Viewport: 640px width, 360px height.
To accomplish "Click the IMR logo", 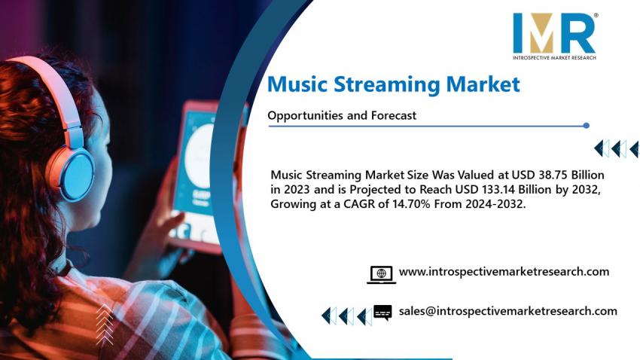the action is click(x=555, y=36).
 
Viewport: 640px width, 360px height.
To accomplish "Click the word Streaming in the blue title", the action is click(x=386, y=84).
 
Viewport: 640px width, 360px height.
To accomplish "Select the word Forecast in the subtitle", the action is click(x=394, y=115).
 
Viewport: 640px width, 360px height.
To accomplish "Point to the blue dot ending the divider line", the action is click(x=586, y=126).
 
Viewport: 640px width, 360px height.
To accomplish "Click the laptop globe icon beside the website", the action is click(x=381, y=274).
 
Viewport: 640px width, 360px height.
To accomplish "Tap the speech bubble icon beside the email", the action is click(x=382, y=313).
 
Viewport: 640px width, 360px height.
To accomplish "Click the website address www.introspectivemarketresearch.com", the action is click(x=504, y=272).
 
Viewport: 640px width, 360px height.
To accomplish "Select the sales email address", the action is click(x=508, y=311).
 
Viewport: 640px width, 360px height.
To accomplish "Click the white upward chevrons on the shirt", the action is click(x=105, y=325).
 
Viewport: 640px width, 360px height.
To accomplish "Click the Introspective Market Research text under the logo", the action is click(x=554, y=57).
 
